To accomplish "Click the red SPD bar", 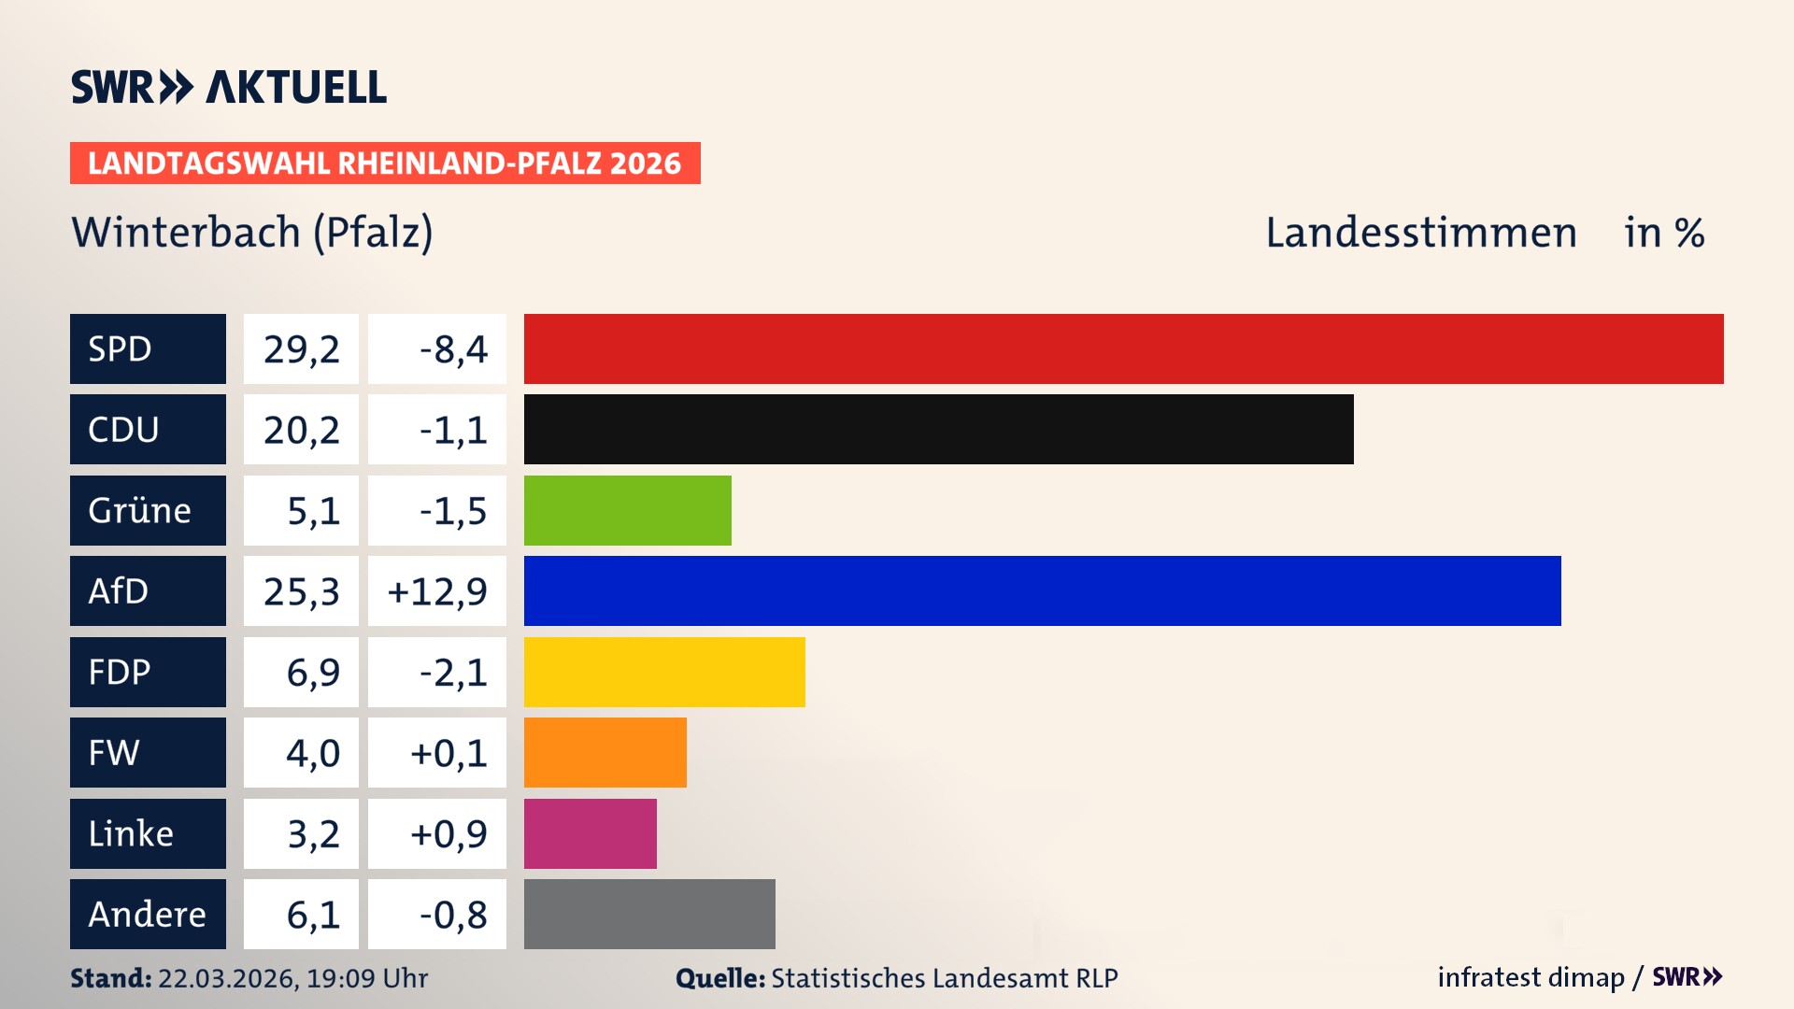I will pyautogui.click(x=1123, y=348).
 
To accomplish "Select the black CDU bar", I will pyautogui.click(x=938, y=429).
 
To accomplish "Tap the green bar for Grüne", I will pyautogui.click(x=627, y=510).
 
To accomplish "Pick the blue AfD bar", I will pyautogui.click(x=1042, y=590).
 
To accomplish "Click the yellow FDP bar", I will pyautogui.click(x=664, y=672).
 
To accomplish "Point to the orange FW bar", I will pyautogui.click(x=605, y=752).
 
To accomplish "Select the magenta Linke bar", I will pyautogui.click(x=590, y=833).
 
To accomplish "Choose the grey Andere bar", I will pyautogui.click(x=649, y=914).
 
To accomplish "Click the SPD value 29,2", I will pyautogui.click(x=301, y=348).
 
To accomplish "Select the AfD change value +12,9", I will pyautogui.click(x=436, y=590).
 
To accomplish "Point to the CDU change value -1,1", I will pyautogui.click(x=452, y=429).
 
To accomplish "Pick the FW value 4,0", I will pyautogui.click(x=312, y=752).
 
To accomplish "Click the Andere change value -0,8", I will pyautogui.click(x=452, y=914).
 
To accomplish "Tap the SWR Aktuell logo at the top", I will pyautogui.click(x=228, y=87).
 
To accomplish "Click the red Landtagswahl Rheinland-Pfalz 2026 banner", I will pyautogui.click(x=384, y=163).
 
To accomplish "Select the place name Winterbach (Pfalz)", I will pyautogui.click(x=252, y=232).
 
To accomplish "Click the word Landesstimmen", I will pyautogui.click(x=1420, y=232).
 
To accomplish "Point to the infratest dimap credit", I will pyautogui.click(x=1531, y=977).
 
